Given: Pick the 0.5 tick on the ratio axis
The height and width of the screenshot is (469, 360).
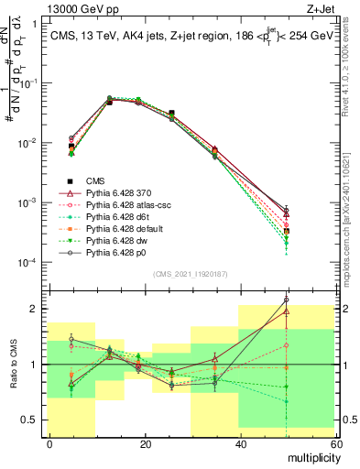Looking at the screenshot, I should coord(34,420).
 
